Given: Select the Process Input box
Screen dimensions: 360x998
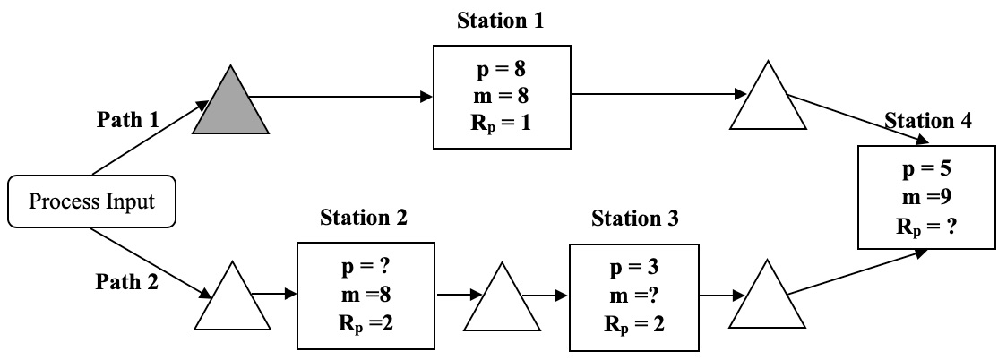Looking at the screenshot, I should (91, 201).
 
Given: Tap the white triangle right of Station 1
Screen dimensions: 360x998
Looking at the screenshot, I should (769, 101).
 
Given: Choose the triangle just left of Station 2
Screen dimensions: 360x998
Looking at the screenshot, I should (232, 300).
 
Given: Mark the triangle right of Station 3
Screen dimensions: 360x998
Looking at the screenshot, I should (769, 300).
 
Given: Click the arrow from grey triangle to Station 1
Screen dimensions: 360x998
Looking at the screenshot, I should (349, 95).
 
